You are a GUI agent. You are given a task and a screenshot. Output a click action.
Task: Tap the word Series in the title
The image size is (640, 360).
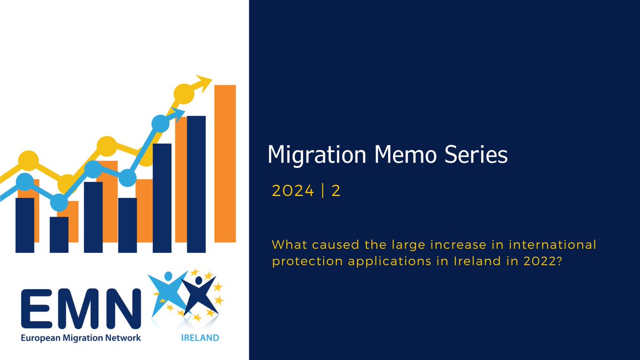coord(476,155)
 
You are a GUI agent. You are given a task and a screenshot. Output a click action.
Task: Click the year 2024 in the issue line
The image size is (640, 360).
coord(293,191)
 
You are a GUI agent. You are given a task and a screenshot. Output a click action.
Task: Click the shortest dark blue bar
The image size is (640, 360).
coord(59,234)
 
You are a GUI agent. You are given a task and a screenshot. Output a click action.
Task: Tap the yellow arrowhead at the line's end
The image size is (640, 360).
coord(203,82)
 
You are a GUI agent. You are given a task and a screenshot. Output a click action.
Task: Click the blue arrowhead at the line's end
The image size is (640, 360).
coord(179,113)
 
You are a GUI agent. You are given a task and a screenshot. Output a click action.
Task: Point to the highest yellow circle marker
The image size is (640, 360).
coord(183,93)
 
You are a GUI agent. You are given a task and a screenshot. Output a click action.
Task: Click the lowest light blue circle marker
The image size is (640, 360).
coord(59,202)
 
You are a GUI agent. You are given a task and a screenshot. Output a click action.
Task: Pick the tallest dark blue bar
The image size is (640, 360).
coord(196,184)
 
